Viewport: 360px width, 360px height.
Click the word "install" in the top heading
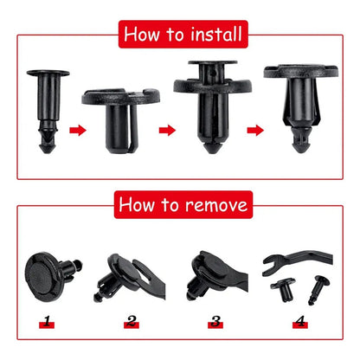[x=209, y=35]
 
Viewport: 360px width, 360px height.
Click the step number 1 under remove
[x=46, y=323]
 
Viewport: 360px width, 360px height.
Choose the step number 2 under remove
[x=132, y=323]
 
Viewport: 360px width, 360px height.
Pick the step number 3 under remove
[x=215, y=323]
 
